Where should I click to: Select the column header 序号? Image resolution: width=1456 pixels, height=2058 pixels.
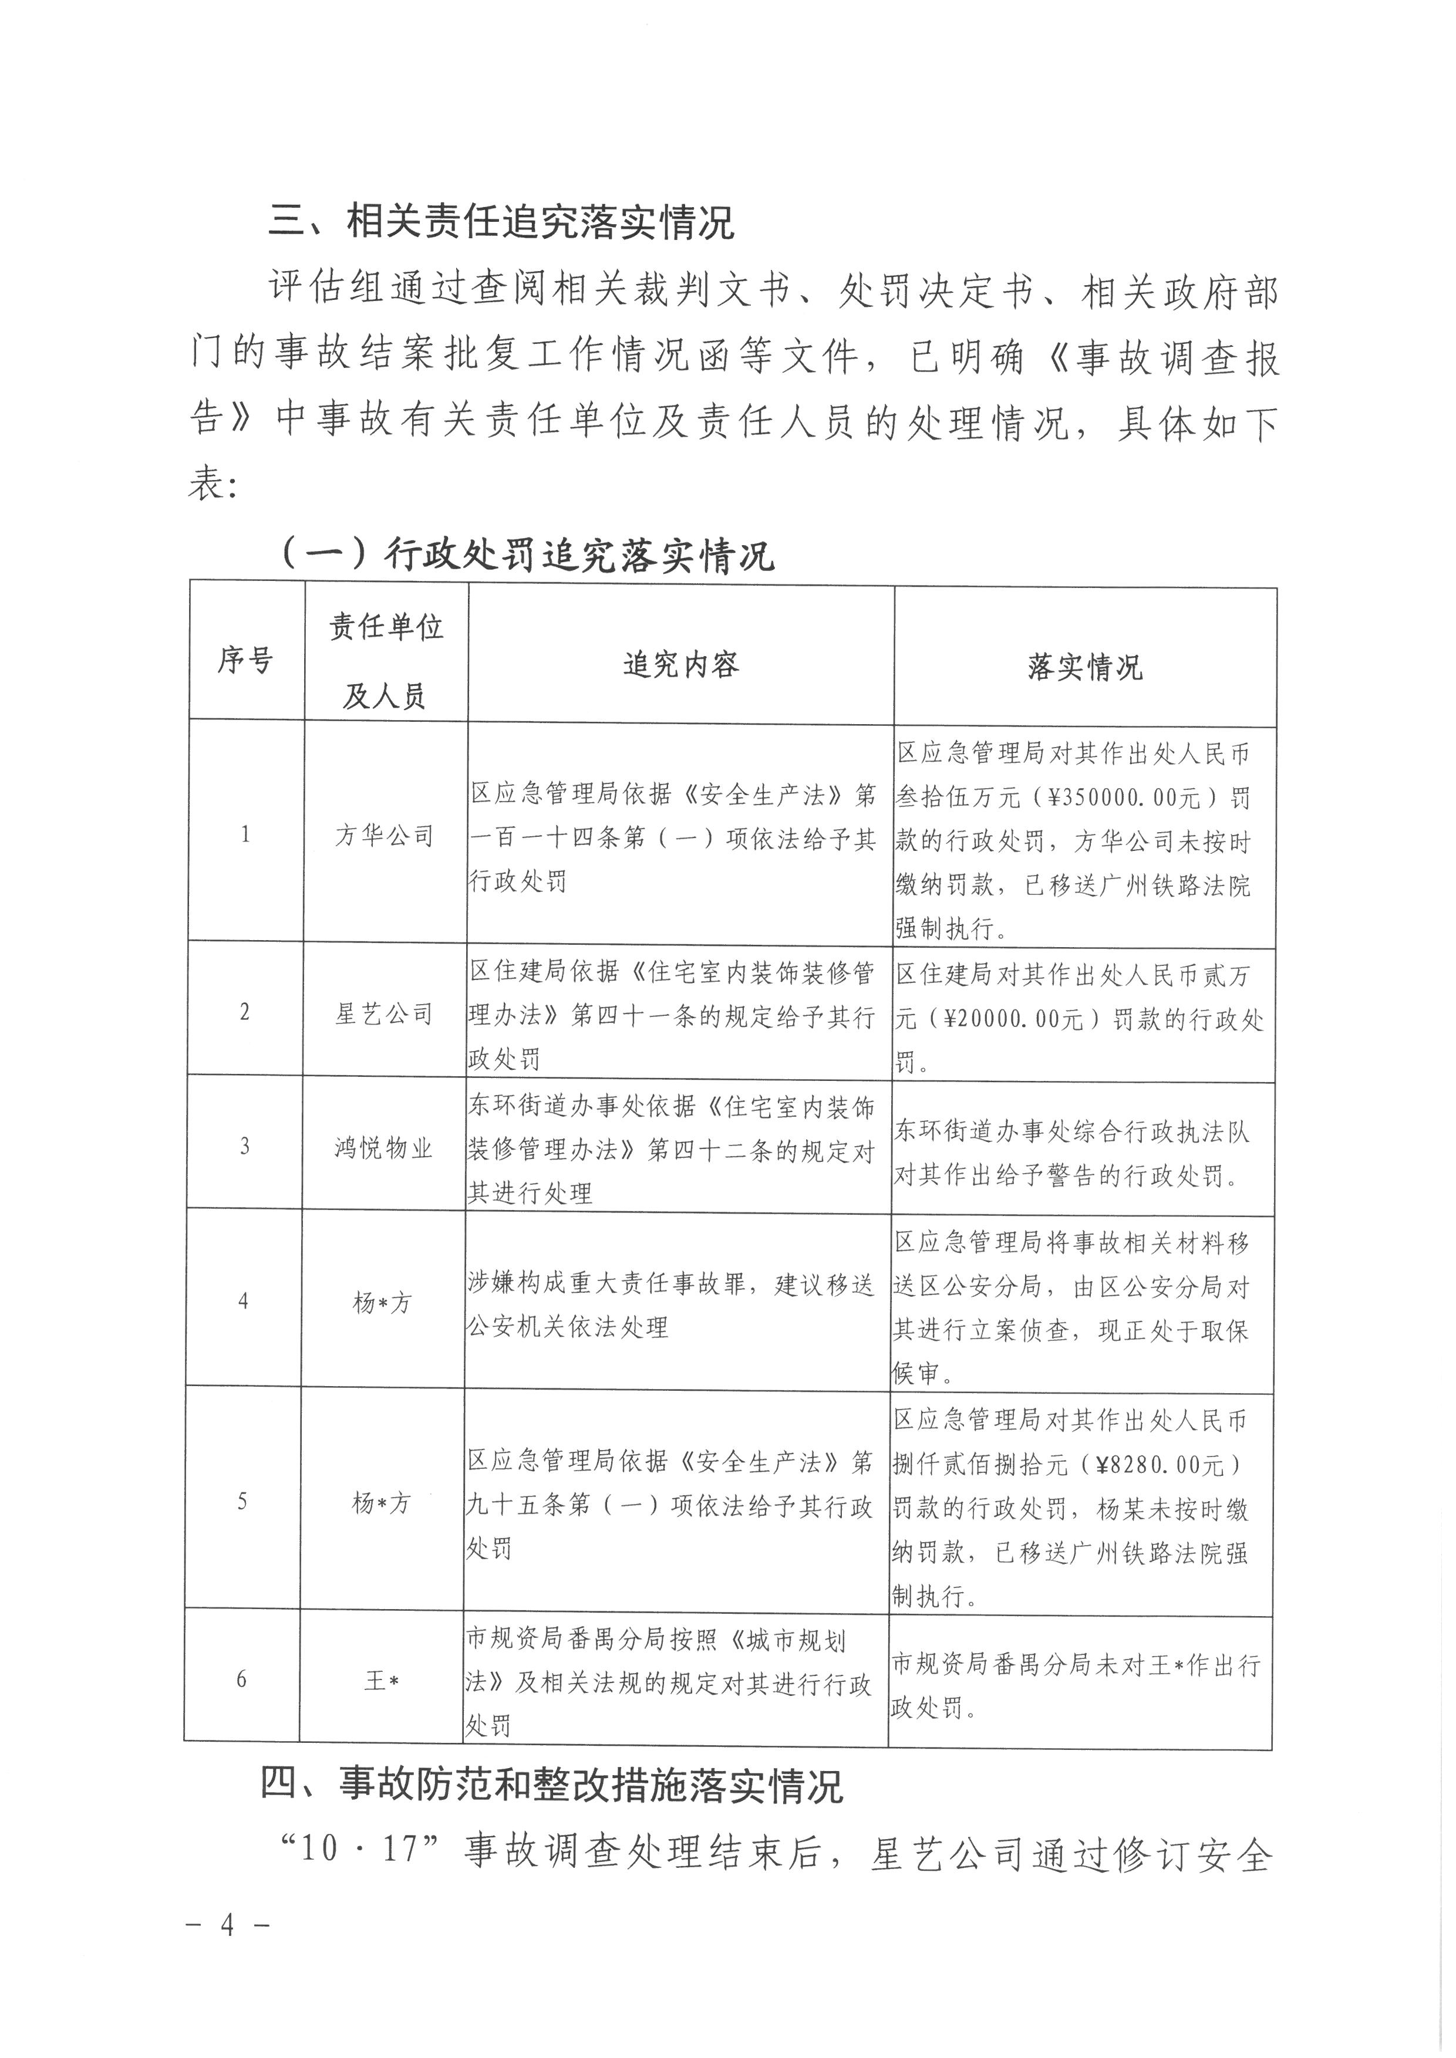(245, 661)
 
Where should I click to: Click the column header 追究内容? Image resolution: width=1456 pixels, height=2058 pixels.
(680, 664)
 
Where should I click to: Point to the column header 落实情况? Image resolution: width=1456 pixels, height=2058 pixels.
(1085, 667)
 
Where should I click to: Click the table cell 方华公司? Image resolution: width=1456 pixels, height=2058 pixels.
(385, 836)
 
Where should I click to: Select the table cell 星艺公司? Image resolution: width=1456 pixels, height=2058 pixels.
(384, 1014)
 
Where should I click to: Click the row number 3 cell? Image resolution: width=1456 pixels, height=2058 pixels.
(244, 1147)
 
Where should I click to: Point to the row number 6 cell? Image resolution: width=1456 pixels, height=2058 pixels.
(241, 1679)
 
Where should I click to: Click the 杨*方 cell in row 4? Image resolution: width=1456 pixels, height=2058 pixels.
(383, 1302)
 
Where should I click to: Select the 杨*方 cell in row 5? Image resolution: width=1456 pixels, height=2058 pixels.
(382, 1502)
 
